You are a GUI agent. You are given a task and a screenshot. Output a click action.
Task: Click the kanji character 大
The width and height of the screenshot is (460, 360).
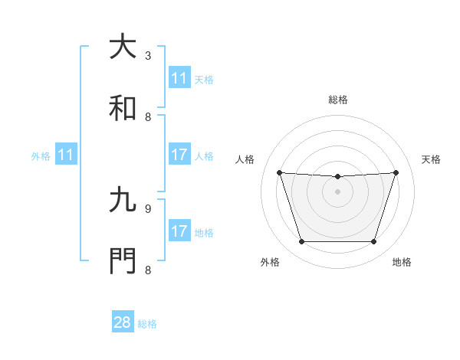[x=123, y=47]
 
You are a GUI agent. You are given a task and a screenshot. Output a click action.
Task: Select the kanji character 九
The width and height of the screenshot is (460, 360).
[x=123, y=201]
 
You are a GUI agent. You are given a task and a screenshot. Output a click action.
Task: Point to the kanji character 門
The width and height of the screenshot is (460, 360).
[x=123, y=261]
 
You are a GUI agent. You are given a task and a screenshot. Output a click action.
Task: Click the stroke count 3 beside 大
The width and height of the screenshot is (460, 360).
[x=148, y=56]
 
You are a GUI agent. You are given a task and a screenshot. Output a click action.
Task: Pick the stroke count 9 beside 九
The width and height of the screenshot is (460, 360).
[x=148, y=208]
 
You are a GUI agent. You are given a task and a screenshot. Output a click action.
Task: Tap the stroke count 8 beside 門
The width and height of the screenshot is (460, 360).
[x=148, y=270]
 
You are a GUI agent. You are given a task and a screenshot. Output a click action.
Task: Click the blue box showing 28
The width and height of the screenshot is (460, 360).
[x=123, y=322]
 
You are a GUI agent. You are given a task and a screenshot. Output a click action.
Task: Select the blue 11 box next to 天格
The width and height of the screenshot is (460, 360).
[x=179, y=78]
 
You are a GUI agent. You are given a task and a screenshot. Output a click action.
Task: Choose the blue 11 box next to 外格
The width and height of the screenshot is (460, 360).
[x=66, y=155]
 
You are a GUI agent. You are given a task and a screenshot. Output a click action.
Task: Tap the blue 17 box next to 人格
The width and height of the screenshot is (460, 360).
[x=179, y=155]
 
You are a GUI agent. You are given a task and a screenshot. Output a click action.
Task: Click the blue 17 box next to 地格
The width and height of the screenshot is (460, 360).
[x=179, y=231]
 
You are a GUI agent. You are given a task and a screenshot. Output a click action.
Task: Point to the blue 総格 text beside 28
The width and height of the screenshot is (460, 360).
[x=147, y=324]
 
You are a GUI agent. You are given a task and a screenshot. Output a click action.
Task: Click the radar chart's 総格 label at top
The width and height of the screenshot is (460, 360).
[x=337, y=100]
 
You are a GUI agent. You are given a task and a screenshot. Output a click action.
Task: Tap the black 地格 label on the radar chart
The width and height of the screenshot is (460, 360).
[x=402, y=262]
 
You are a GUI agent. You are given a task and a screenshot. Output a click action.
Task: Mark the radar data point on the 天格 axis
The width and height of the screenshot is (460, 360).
[x=396, y=172]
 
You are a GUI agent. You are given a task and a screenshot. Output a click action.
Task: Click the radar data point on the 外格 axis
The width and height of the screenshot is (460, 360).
[x=301, y=242]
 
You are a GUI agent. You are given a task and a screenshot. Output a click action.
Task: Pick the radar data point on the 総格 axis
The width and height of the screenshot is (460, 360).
[x=337, y=177]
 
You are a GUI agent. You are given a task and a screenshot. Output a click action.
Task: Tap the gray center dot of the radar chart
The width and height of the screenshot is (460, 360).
[x=337, y=191]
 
